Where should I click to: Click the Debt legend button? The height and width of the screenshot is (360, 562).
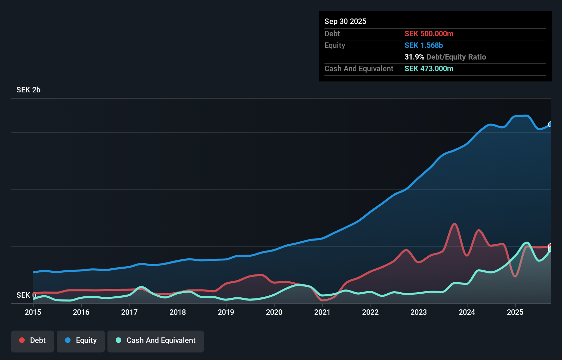click(33, 340)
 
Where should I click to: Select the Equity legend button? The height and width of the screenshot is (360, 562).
click(81, 340)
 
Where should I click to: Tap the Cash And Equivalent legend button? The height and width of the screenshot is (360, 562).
click(156, 340)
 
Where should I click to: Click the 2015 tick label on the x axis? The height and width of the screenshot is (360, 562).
click(33, 312)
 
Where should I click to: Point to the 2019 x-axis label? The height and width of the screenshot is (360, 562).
click(226, 312)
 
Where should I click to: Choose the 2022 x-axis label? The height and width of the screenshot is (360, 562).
click(370, 312)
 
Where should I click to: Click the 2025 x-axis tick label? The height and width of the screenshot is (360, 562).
click(515, 312)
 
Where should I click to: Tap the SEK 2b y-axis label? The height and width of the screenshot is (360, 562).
click(28, 90)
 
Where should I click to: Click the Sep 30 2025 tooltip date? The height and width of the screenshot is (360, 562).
click(345, 22)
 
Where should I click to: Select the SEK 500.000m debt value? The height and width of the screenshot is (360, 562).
click(429, 34)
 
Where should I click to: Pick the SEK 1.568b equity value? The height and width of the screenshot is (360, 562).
click(423, 46)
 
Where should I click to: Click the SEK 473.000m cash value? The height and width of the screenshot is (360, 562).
click(429, 69)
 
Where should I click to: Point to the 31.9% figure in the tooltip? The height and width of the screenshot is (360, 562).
click(414, 57)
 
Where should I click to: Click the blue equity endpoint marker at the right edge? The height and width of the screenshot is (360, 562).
click(550, 124)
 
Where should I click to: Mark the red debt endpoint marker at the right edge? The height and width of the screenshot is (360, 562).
click(550, 246)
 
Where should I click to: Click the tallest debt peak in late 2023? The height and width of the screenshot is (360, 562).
click(455, 224)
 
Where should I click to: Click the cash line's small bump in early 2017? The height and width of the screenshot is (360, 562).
click(141, 287)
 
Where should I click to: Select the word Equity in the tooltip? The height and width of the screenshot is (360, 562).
click(334, 46)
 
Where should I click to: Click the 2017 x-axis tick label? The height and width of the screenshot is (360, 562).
click(129, 312)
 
